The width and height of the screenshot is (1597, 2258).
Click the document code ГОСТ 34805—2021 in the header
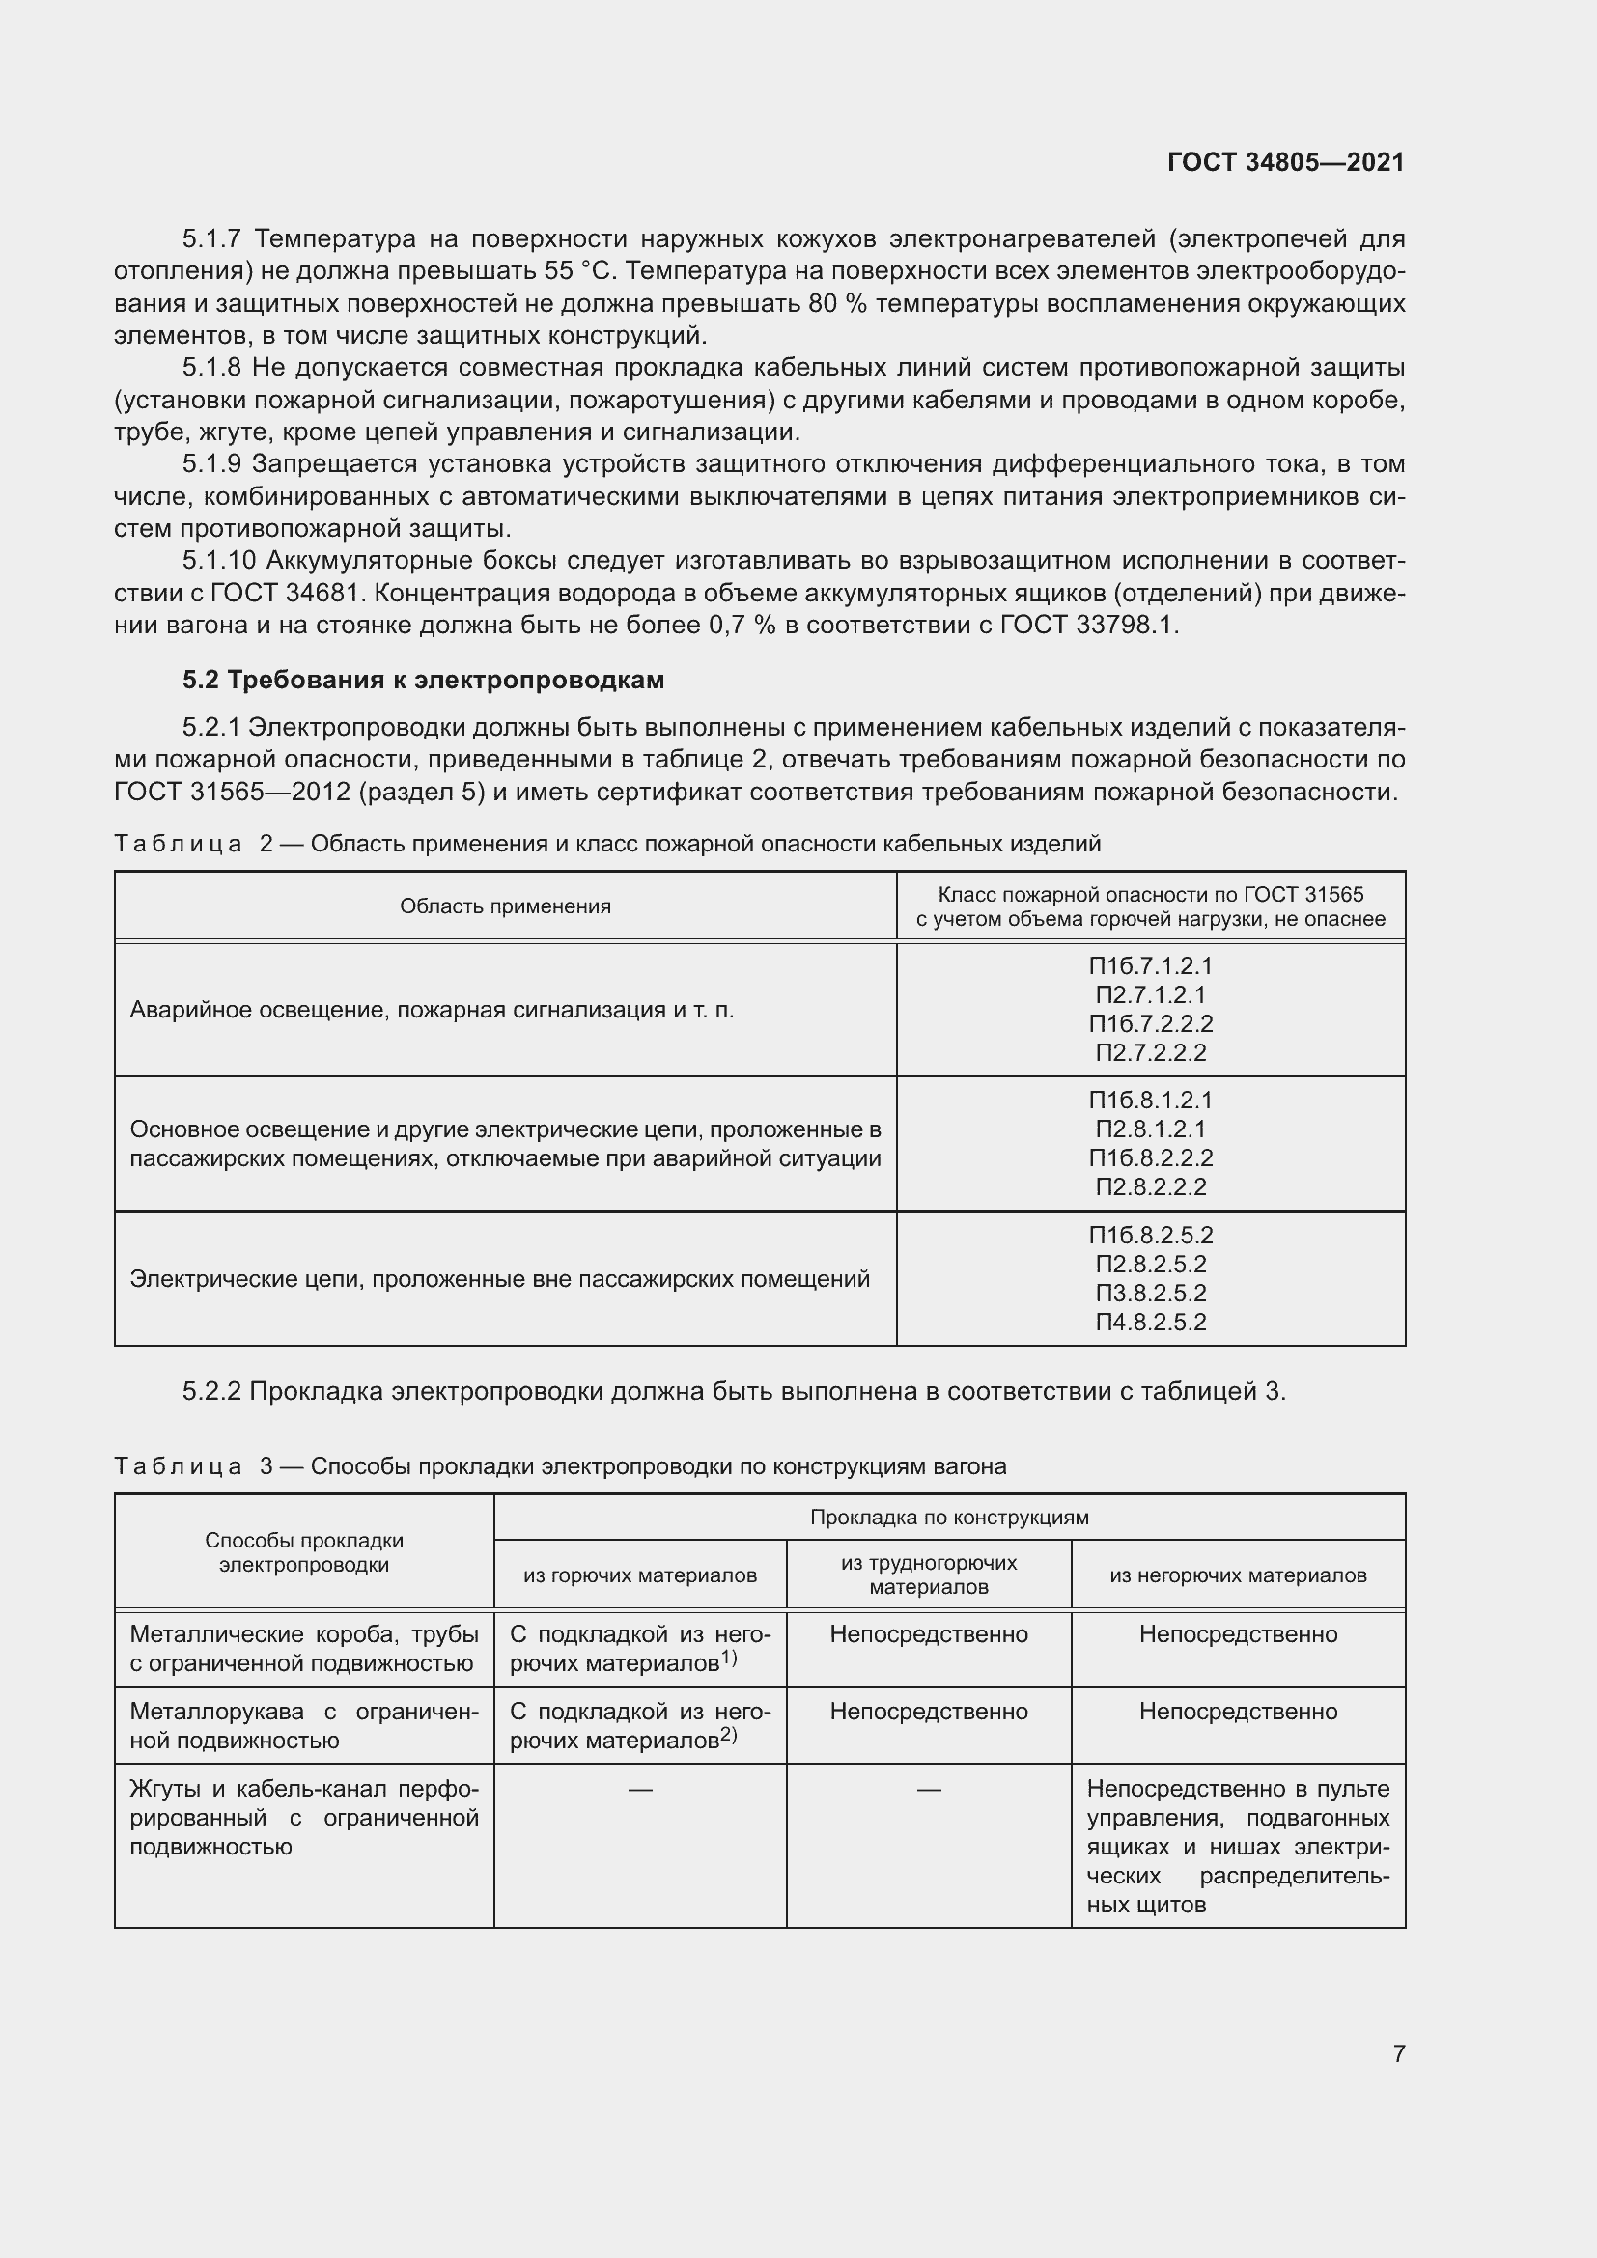click(x=1285, y=162)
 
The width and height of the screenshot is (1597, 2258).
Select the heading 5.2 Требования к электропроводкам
click(x=423, y=680)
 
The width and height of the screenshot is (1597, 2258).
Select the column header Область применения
click(x=504, y=906)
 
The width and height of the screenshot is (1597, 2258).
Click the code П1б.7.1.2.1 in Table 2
click(x=1151, y=965)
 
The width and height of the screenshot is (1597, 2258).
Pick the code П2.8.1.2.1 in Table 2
click(x=1151, y=1129)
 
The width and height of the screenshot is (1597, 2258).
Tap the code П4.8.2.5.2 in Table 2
click(x=1151, y=1323)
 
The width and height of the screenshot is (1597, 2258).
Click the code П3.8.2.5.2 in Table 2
click(x=1151, y=1294)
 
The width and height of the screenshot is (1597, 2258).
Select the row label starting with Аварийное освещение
click(x=432, y=1010)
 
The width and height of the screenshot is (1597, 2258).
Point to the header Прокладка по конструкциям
click(x=949, y=1518)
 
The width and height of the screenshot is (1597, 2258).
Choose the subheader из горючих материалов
click(x=639, y=1575)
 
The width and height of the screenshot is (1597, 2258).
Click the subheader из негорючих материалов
click(x=1238, y=1575)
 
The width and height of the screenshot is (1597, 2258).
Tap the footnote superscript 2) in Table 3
click(x=729, y=1735)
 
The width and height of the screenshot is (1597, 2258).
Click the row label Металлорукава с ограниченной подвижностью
click(x=304, y=1726)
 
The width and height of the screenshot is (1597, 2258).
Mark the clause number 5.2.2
click(x=211, y=1392)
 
